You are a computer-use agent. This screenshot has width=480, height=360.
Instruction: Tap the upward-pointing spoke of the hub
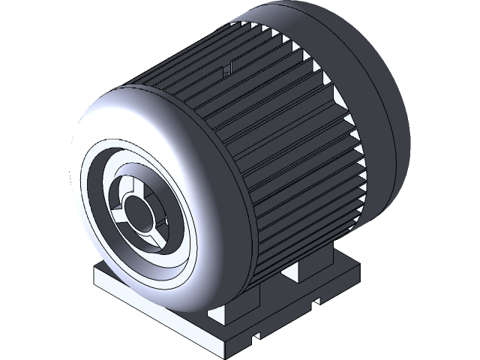point(133,184)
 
